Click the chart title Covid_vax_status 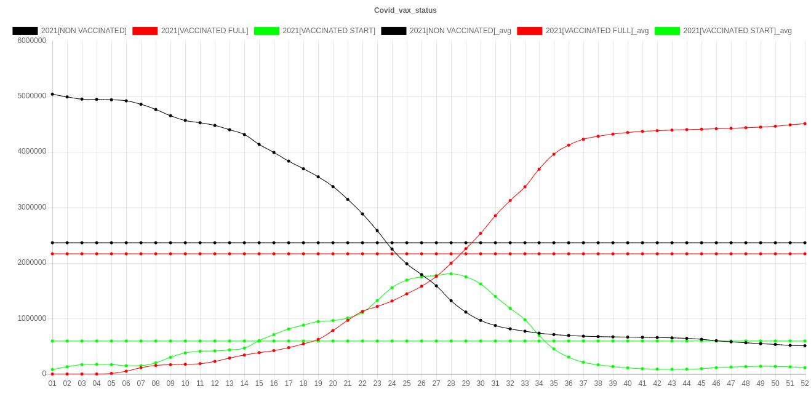405,10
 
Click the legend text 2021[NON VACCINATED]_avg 460,31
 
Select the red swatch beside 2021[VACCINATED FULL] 145,31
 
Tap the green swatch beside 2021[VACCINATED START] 266,31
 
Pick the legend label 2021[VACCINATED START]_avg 737,31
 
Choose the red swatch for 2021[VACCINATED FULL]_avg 529,31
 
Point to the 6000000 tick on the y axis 31,41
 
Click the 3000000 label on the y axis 31,207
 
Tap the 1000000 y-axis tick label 31,318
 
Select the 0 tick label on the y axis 44,374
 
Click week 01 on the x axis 52,383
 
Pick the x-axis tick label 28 451,383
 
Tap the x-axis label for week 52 805,383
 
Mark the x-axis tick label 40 628,383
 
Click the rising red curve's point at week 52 805,124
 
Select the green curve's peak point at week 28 451,274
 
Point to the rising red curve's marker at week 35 554,154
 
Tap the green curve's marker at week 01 52,369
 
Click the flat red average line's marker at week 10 185,254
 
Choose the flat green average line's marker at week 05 111,341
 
